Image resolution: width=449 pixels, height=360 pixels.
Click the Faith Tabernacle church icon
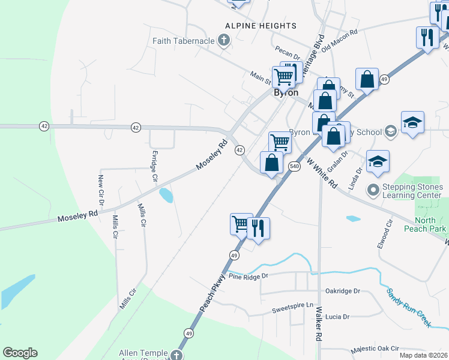224,41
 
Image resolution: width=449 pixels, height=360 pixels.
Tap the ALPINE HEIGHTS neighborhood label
261,26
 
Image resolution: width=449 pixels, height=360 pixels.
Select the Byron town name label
286,93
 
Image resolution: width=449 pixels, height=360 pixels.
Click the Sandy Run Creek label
408,307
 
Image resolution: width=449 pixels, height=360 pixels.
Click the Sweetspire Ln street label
293,305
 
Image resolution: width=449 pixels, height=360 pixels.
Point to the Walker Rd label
319,324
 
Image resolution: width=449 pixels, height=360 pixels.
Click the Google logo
20,353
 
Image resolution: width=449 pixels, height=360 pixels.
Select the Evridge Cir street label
154,166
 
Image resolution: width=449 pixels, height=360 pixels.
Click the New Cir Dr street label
101,194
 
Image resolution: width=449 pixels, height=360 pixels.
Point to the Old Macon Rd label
340,40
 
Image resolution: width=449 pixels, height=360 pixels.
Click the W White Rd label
322,173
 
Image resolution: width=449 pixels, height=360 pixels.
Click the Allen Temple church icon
176,355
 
